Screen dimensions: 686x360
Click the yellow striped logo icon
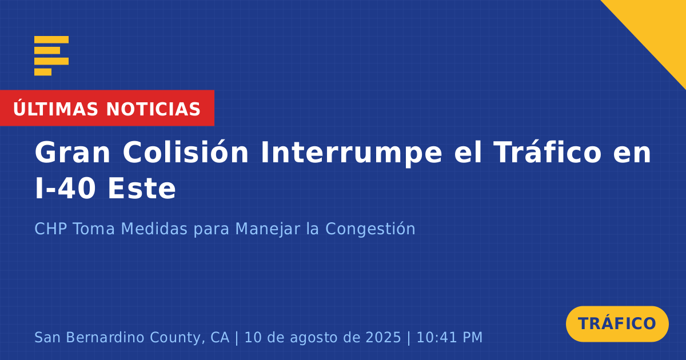pos(51,56)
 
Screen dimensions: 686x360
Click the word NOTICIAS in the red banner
pos(153,109)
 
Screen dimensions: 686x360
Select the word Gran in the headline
pos(72,152)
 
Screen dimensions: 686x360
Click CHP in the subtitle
pos(50,229)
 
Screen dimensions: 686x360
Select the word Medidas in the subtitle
pos(154,229)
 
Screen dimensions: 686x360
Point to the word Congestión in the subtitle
pos(370,229)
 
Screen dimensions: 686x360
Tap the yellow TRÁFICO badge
pos(617,323)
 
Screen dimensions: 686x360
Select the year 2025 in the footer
pos(383,337)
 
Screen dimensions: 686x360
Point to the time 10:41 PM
pos(449,337)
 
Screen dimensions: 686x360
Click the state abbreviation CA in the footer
pos(220,337)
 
